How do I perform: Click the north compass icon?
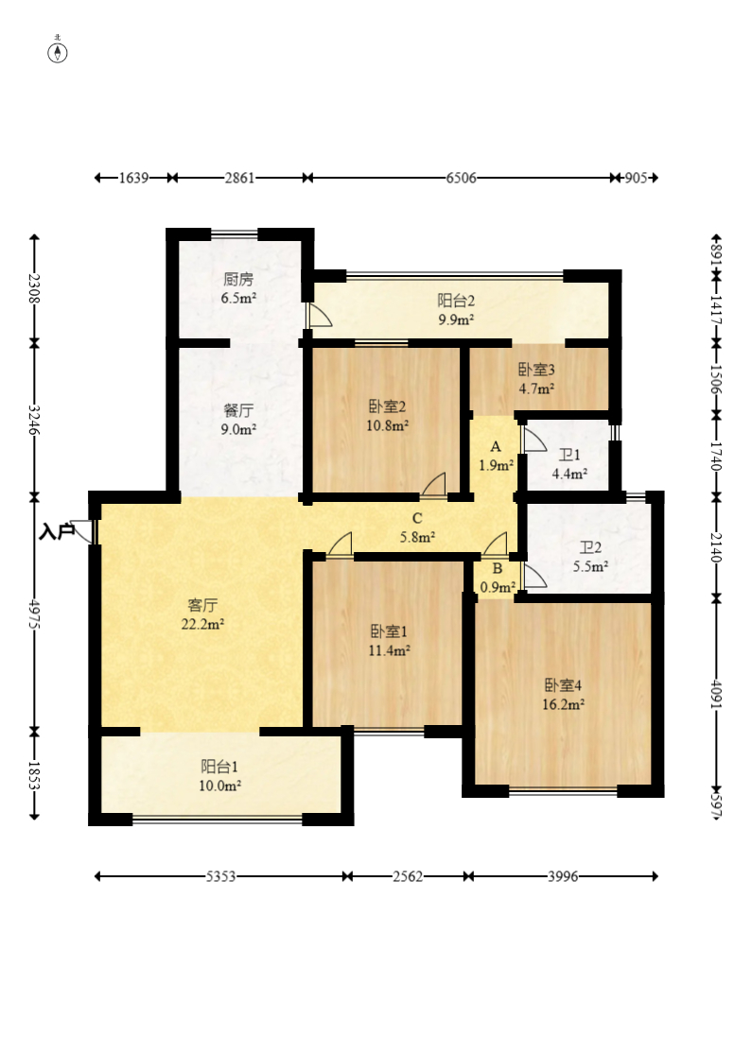pyautogui.click(x=58, y=52)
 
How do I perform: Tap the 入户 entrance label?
pyautogui.click(x=57, y=532)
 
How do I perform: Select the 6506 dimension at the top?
pyautogui.click(x=461, y=178)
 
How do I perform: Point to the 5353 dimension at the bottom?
pyautogui.click(x=220, y=876)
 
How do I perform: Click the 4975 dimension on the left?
pyautogui.click(x=34, y=613)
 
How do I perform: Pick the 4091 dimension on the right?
pyautogui.click(x=716, y=693)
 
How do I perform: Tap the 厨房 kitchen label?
pyautogui.click(x=238, y=279)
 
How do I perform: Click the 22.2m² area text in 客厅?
pyautogui.click(x=202, y=624)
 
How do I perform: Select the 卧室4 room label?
pyautogui.click(x=563, y=685)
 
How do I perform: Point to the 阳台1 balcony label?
pyautogui.click(x=219, y=767)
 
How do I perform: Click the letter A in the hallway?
pyautogui.click(x=496, y=446)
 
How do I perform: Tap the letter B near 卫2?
pyautogui.click(x=497, y=569)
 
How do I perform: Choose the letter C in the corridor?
pyautogui.click(x=417, y=518)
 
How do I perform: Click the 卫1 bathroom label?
pyautogui.click(x=569, y=455)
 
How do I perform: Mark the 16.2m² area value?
pyautogui.click(x=563, y=704)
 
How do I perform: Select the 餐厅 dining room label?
pyautogui.click(x=238, y=410)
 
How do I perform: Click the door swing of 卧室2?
pyautogui.click(x=434, y=485)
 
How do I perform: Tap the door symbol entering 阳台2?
pyautogui.click(x=320, y=315)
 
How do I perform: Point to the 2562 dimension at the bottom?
pyautogui.click(x=408, y=876)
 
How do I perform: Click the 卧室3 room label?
pyautogui.click(x=536, y=369)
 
